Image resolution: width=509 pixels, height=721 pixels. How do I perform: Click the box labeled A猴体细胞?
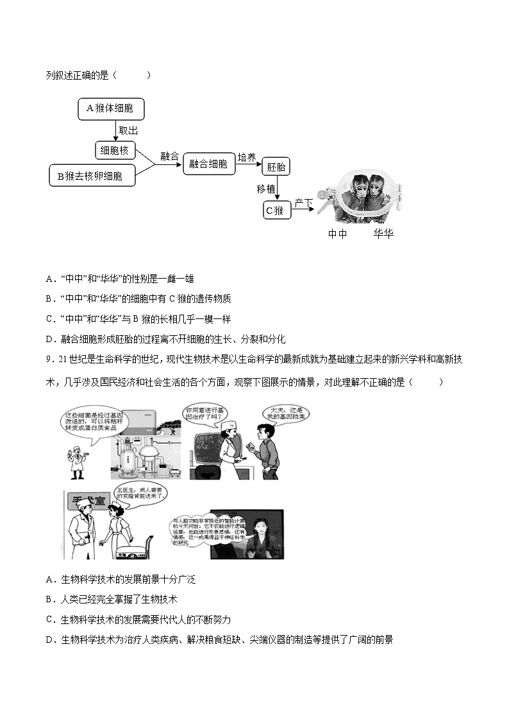pyautogui.click(x=110, y=109)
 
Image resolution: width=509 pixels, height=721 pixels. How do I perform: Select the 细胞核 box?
pyautogui.click(x=115, y=151)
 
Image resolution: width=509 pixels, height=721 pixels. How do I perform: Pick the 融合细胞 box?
pyautogui.click(x=208, y=164)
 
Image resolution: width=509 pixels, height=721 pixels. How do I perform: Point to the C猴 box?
pyautogui.click(x=277, y=210)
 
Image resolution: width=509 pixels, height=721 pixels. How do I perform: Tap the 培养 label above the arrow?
pyautogui.click(x=247, y=157)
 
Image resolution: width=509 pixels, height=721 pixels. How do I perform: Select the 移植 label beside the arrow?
pyautogui.click(x=266, y=189)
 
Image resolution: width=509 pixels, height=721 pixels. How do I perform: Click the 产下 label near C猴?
pyautogui.click(x=303, y=204)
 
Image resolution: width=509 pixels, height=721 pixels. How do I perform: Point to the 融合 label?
pyautogui.click(x=169, y=156)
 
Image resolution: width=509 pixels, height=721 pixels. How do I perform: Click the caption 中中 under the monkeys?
pyautogui.click(x=337, y=234)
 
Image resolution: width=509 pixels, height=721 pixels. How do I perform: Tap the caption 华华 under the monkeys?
pyautogui.click(x=383, y=234)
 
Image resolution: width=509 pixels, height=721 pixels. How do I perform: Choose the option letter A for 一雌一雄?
pyautogui.click(x=49, y=279)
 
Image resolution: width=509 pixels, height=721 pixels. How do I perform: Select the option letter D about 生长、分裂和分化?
pyautogui.click(x=49, y=339)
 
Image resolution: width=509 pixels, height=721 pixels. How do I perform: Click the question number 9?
pyautogui.click(x=49, y=359)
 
